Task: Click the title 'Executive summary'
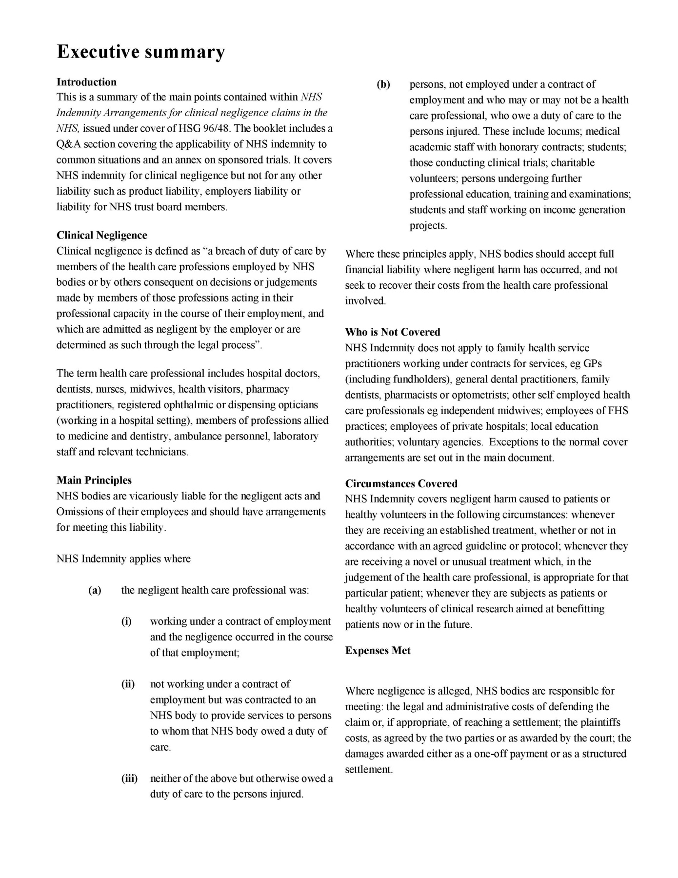141,52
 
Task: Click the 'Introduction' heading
86,82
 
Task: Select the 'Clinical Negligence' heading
101,235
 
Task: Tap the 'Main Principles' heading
94,480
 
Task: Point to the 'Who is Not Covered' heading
392,332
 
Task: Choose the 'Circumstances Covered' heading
401,483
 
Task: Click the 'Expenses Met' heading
378,650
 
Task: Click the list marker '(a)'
95,590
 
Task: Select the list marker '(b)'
383,84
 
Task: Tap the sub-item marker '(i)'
126,621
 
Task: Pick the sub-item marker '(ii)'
128,684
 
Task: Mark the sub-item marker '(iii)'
129,778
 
